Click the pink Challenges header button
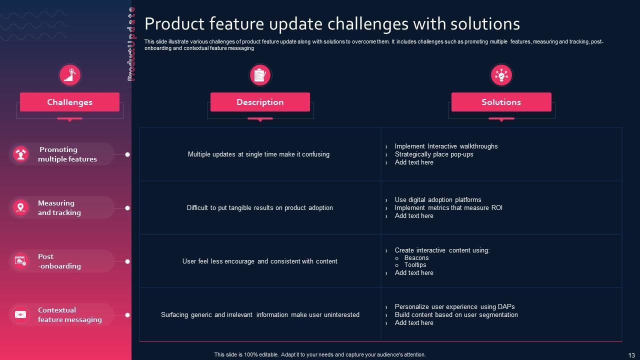pos(69,102)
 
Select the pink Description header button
pos(260,102)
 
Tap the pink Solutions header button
pos(501,102)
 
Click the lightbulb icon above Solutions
pos(501,75)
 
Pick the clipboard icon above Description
pos(260,75)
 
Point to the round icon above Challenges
pos(70,75)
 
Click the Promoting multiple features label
pos(67,154)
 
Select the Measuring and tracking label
pos(59,207)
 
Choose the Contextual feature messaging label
pos(69,314)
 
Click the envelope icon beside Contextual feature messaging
pos(20,314)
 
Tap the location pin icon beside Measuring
pos(20,207)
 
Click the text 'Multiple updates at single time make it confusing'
pos(258,154)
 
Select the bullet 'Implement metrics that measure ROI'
pos(448,207)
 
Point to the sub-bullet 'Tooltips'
pos(415,265)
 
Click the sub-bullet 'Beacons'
pos(416,258)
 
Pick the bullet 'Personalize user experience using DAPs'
pos(454,306)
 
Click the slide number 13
pos(631,355)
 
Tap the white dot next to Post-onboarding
pos(127,261)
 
